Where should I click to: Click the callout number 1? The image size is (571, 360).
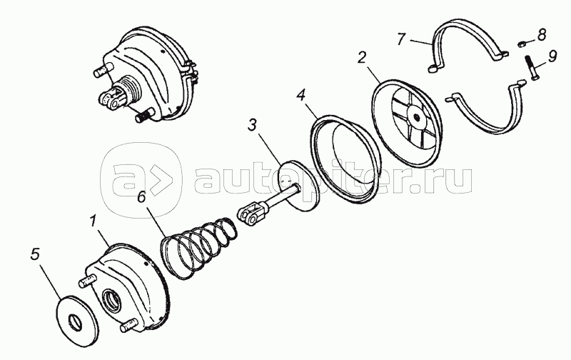(x=94, y=221)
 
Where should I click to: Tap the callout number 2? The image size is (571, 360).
(x=361, y=58)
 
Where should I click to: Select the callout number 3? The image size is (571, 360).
(x=252, y=124)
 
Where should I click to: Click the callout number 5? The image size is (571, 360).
(x=35, y=254)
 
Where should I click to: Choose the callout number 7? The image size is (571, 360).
(x=401, y=39)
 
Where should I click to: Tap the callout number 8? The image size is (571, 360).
(x=542, y=34)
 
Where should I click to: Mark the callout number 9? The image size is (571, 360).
(x=552, y=56)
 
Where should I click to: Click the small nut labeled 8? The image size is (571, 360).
(x=522, y=44)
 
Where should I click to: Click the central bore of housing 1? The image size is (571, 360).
(x=113, y=300)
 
